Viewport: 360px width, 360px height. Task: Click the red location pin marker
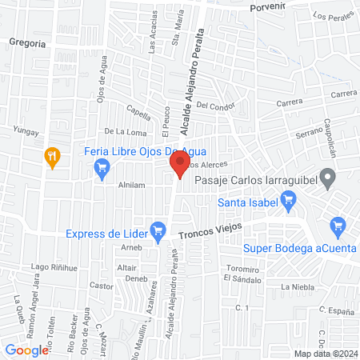coord(179,166)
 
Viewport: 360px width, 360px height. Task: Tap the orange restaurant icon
coord(53,156)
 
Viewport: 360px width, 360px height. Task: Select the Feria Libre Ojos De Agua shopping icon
coord(102,167)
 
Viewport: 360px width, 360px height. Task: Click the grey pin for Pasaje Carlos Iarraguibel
coord(326,177)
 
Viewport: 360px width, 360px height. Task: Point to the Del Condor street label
coord(212,105)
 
